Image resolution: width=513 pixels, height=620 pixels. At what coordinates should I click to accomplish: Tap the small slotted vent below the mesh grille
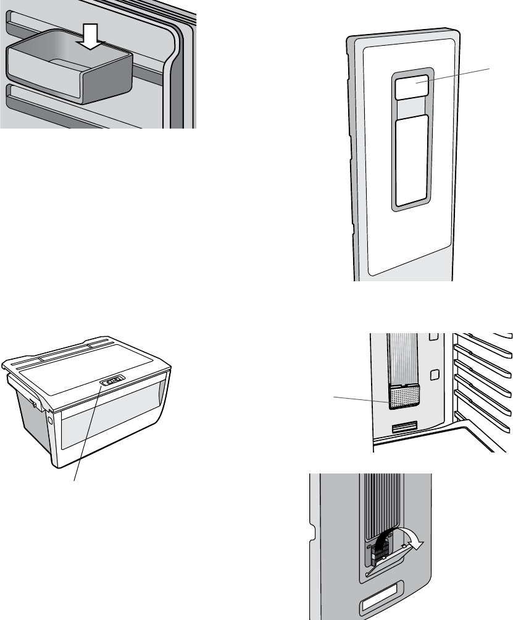click(405, 426)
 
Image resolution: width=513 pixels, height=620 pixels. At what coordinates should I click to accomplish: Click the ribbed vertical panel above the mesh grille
click(404, 359)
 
